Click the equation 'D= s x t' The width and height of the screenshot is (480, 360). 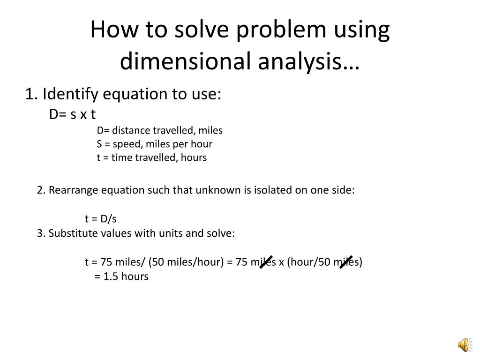coord(73,114)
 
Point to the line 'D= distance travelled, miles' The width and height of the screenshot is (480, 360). coord(160,130)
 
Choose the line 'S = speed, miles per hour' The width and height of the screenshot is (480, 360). coord(155,143)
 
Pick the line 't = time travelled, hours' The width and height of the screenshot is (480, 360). coord(152,157)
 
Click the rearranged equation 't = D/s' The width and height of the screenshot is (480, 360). coord(101,218)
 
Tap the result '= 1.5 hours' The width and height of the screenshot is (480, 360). coord(121,276)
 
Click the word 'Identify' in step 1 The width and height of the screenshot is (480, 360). coord(70,94)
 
